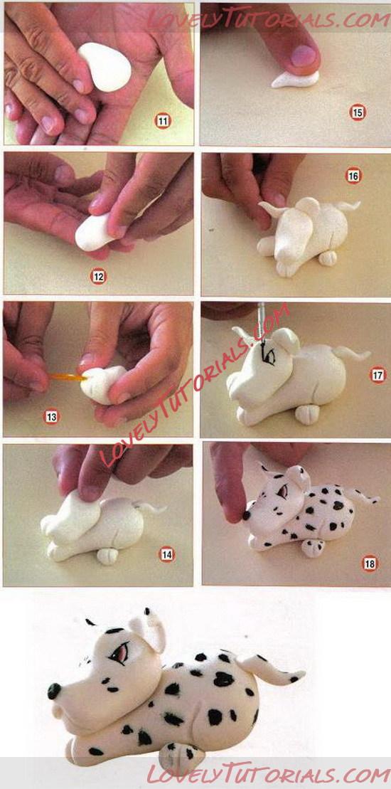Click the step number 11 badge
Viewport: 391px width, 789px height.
click(x=163, y=121)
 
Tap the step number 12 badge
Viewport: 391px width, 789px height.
click(x=98, y=276)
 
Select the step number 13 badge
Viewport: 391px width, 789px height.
click(x=51, y=417)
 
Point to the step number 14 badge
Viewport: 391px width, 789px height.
click(x=167, y=554)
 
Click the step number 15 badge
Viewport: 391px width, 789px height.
click(x=358, y=112)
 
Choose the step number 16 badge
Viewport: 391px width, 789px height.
click(x=353, y=176)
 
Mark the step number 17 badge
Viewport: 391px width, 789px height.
click(x=378, y=375)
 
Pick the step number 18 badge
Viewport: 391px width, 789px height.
click(x=370, y=563)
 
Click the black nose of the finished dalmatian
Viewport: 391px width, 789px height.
click(x=54, y=691)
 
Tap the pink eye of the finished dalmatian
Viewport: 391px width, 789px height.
click(x=119, y=653)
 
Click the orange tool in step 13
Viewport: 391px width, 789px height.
click(x=68, y=376)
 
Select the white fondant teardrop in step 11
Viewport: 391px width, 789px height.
click(x=105, y=66)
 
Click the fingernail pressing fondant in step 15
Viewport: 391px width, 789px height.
click(x=304, y=55)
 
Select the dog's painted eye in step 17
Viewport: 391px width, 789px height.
click(x=269, y=356)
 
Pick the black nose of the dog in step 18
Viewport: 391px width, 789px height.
click(x=247, y=515)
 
